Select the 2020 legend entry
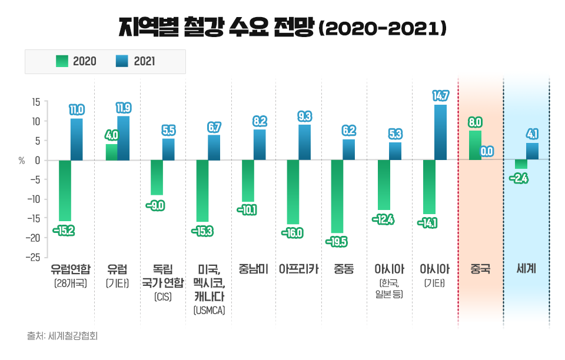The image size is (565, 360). [76, 61]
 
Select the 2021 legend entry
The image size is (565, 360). [136, 61]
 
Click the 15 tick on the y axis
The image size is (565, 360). [35, 102]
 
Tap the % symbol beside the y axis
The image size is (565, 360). [22, 161]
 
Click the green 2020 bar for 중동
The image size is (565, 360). [337, 196]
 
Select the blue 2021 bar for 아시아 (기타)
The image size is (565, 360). [440, 132]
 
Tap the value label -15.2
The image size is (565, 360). [64, 230]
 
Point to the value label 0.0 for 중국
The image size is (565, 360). [487, 151]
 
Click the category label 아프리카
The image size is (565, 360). [299, 270]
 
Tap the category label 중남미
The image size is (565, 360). [254, 270]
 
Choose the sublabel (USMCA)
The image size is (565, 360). [209, 310]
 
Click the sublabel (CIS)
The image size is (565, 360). [163, 297]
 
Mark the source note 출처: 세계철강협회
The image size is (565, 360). [62, 337]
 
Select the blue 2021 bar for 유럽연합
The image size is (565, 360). [77, 139]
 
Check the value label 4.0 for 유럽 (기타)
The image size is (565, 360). [112, 135]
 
